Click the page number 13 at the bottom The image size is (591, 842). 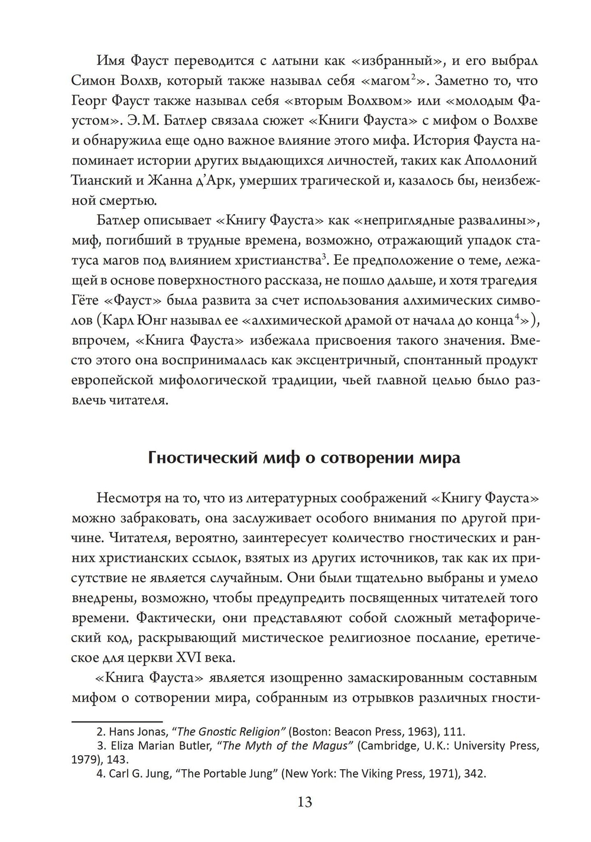coord(305,802)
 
